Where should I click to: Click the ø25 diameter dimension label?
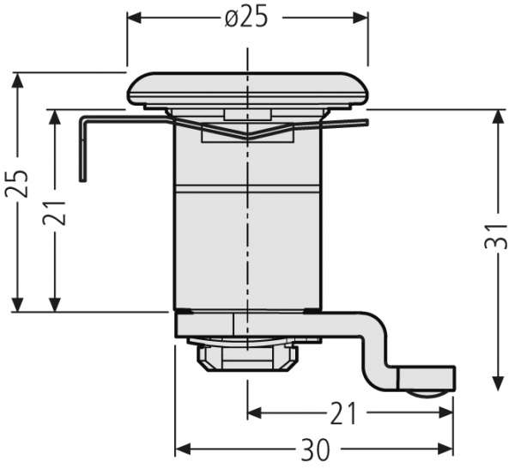click(x=246, y=17)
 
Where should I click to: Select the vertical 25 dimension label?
click(x=17, y=184)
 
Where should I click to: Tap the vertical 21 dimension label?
click(x=54, y=212)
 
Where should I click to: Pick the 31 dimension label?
click(x=496, y=236)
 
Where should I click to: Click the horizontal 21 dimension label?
click(x=342, y=413)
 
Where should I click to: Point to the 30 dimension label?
click(x=315, y=449)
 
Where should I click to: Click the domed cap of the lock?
click(x=247, y=88)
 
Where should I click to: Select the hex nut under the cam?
click(x=247, y=358)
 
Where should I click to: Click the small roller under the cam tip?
click(x=429, y=394)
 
